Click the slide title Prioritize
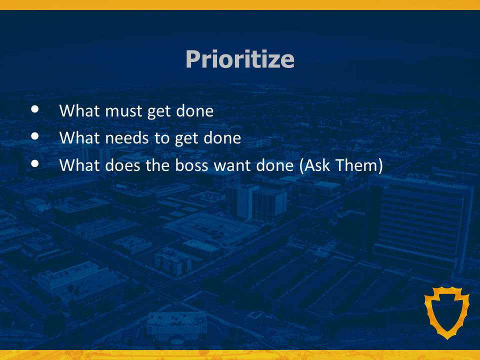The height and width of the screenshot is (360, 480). pos(240,59)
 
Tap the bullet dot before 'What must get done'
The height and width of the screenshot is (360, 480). pos(35,109)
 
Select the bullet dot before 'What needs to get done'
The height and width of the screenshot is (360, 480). pos(35,136)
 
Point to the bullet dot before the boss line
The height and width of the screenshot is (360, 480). pos(35,164)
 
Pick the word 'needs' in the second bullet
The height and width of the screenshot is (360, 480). pos(126,138)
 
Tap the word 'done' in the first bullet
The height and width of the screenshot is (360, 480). pos(194,110)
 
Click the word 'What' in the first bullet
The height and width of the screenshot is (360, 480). pos(79,110)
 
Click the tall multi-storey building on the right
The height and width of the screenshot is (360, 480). pos(421,223)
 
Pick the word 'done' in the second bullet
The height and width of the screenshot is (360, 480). pos(222,138)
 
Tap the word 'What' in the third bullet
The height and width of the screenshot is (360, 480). pos(79,165)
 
